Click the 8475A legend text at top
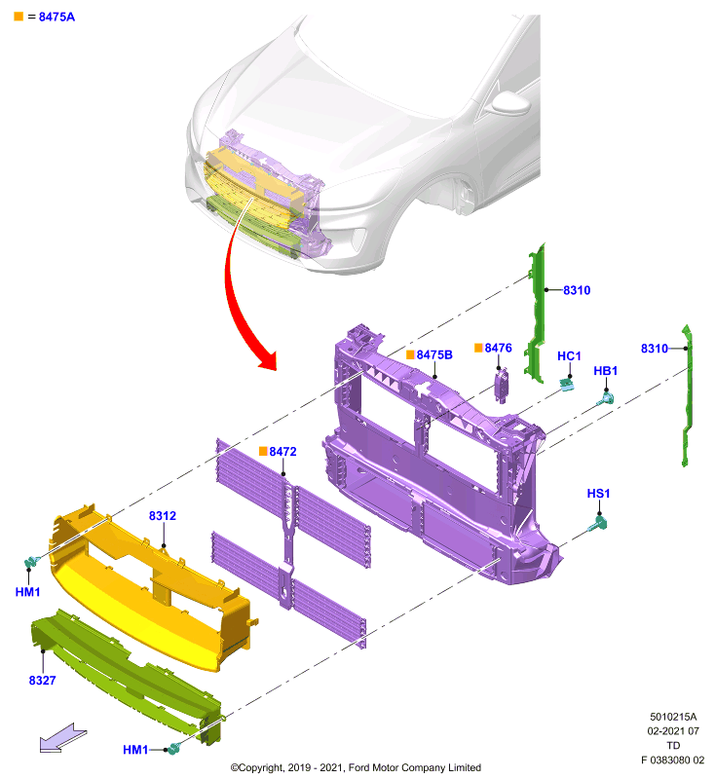pos(56,17)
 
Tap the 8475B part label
pos(434,354)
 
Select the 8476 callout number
pos(498,348)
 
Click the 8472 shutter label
pos(282,451)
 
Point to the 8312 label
pos(163,516)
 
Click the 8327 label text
pos(42,680)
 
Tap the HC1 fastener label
pos(569,356)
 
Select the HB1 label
pos(605,371)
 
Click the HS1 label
pos(598,494)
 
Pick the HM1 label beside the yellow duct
pos(27,592)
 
